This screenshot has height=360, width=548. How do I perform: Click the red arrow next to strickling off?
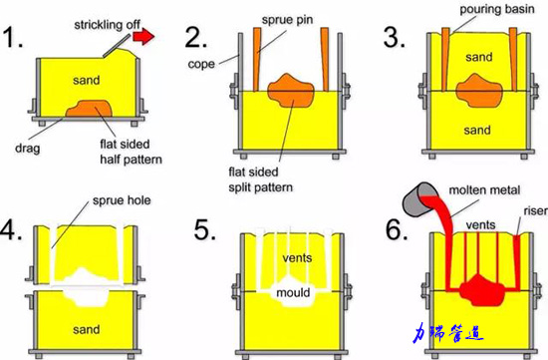[x=143, y=36]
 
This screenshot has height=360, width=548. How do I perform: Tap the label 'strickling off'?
[x=107, y=25]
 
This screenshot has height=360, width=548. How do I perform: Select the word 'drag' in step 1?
[x=28, y=148]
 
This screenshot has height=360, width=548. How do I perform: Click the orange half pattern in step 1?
[x=89, y=109]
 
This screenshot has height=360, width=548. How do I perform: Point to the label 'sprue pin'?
[x=287, y=20]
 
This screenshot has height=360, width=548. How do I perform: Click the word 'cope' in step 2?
[x=201, y=64]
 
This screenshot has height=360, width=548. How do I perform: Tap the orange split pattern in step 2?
[x=290, y=91]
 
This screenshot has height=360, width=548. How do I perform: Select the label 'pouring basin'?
[x=496, y=9]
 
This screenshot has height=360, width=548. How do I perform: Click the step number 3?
[x=395, y=37]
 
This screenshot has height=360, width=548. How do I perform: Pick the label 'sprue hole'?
[x=122, y=200]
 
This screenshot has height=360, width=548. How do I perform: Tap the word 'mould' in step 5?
[x=293, y=292]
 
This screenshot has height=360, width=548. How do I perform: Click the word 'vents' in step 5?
[x=297, y=258]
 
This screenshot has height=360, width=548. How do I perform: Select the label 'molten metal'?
[x=484, y=190]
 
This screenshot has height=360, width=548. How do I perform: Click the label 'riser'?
[x=535, y=211]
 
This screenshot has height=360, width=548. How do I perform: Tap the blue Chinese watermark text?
[x=448, y=333]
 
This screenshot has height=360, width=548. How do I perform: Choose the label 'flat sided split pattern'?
[x=260, y=180]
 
